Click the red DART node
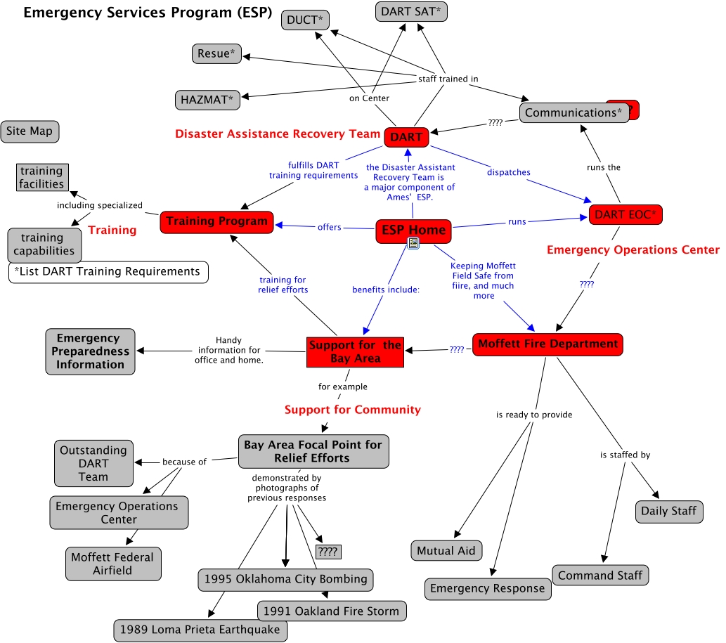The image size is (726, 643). tap(406, 137)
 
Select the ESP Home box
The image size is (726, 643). tap(413, 230)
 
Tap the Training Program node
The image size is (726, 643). tap(216, 221)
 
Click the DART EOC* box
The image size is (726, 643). tap(625, 215)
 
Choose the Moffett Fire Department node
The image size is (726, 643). tap(547, 344)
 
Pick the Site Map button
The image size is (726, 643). tap(30, 131)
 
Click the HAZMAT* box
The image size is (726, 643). tap(207, 100)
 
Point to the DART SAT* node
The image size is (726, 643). tap(411, 12)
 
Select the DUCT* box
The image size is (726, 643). tap(305, 20)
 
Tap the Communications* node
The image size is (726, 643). tap(574, 112)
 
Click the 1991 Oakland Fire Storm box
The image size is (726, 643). tap(331, 611)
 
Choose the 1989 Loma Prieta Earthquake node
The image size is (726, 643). tap(200, 630)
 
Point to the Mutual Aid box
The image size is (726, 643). tap(446, 551)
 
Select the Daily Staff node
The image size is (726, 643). tap(668, 511)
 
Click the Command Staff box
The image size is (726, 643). tap(600, 576)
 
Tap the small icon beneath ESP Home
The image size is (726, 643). tap(413, 244)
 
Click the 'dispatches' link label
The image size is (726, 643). tap(508, 172)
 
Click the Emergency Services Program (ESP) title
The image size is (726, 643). tap(148, 13)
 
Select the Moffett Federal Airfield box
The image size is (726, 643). tap(112, 564)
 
